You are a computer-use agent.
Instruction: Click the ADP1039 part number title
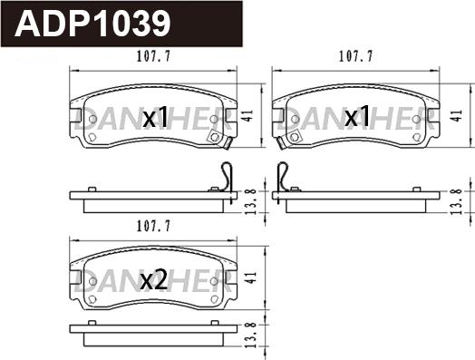pyautogui.click(x=92, y=24)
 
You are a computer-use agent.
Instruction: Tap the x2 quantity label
pyautogui.click(x=154, y=280)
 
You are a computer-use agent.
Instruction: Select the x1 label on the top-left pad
pyautogui.click(x=155, y=117)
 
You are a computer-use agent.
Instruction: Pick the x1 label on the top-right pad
pyautogui.click(x=357, y=116)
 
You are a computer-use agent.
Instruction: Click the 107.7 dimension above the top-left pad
pyautogui.click(x=153, y=56)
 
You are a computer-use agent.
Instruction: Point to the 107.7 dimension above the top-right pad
pyautogui.click(x=355, y=56)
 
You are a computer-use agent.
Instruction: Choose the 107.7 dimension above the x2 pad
pyautogui.click(x=153, y=226)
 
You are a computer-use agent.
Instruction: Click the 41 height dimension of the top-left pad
pyautogui.click(x=248, y=116)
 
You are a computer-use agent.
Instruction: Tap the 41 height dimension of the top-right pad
pyautogui.click(x=456, y=116)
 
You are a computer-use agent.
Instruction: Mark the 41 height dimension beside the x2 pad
pyautogui.click(x=252, y=277)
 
